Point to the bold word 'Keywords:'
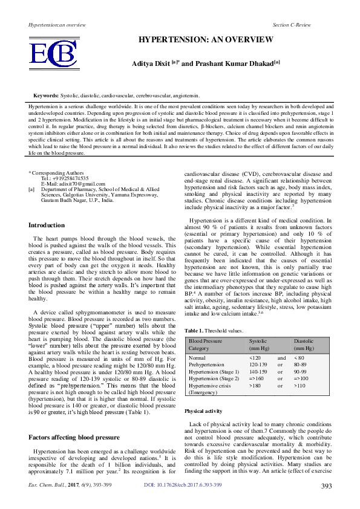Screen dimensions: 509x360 46,96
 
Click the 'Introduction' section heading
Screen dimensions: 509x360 47,225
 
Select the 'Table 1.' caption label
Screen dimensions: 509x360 194,331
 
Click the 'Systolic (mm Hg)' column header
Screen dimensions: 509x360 260,345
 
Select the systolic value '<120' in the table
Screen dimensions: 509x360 255,358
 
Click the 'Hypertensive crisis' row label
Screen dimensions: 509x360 209,385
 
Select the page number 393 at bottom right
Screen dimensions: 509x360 326,503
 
